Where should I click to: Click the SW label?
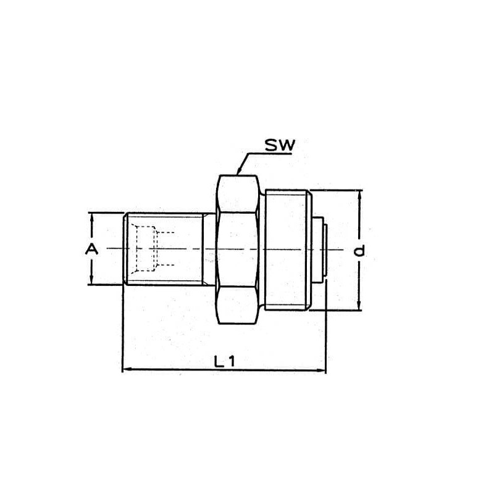click(x=280, y=145)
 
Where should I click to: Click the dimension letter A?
click(x=91, y=249)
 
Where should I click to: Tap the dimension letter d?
click(x=359, y=251)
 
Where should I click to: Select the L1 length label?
click(x=224, y=361)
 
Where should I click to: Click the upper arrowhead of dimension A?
click(x=91, y=217)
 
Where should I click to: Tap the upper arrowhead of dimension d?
click(x=359, y=195)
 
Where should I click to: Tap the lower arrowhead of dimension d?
click(x=359, y=305)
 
